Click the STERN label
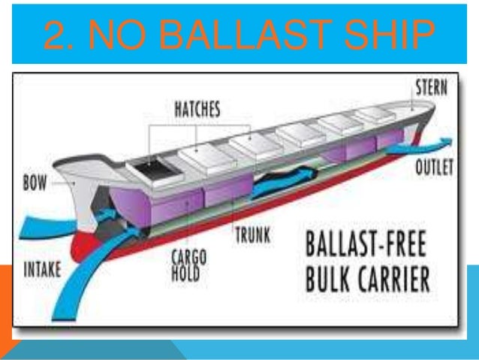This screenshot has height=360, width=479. point(431,89)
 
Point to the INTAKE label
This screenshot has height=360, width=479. point(43,269)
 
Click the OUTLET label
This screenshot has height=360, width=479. point(433,168)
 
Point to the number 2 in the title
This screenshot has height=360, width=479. point(54,36)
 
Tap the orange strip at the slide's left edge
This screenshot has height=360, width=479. point(5,301)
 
